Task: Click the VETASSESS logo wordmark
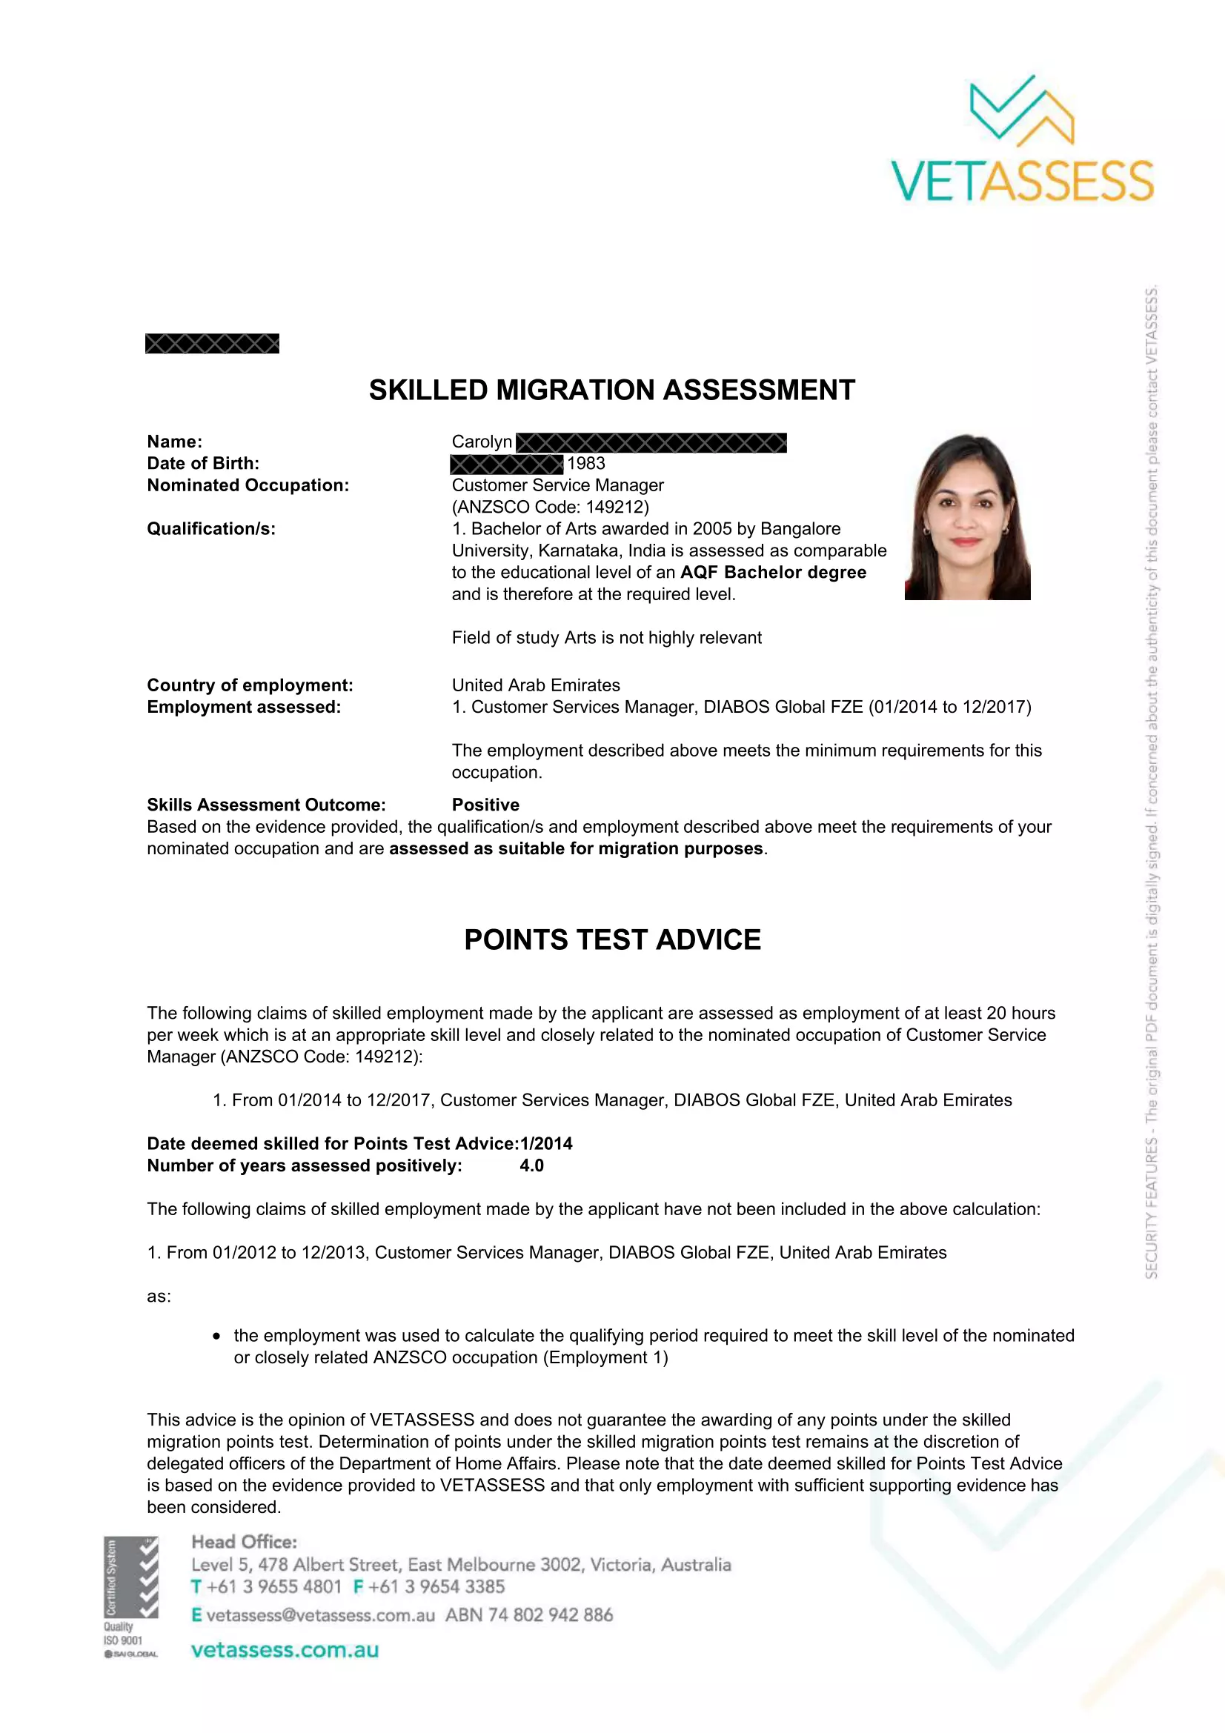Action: (x=1022, y=181)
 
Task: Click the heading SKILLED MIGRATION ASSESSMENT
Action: (x=611, y=390)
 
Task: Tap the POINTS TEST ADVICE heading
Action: (x=612, y=939)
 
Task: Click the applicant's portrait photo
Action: (x=967, y=517)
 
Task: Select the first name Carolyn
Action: (x=482, y=442)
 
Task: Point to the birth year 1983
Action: (x=586, y=463)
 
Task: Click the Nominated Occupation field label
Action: (x=248, y=485)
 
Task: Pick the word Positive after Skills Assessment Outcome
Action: (x=485, y=805)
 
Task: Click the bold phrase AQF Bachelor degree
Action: (x=773, y=572)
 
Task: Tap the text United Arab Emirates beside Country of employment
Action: (x=536, y=685)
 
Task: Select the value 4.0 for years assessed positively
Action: (x=531, y=1165)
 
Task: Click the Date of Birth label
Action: (x=203, y=463)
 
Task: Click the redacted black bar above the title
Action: (x=212, y=345)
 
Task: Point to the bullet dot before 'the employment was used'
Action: (x=217, y=1336)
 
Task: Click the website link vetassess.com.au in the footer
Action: (x=285, y=1650)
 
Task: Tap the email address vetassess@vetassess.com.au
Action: (x=320, y=1615)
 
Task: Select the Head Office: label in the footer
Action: (x=244, y=1542)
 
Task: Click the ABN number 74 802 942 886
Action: (x=550, y=1615)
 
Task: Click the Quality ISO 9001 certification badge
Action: (x=131, y=1597)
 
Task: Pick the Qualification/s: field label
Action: (x=211, y=529)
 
